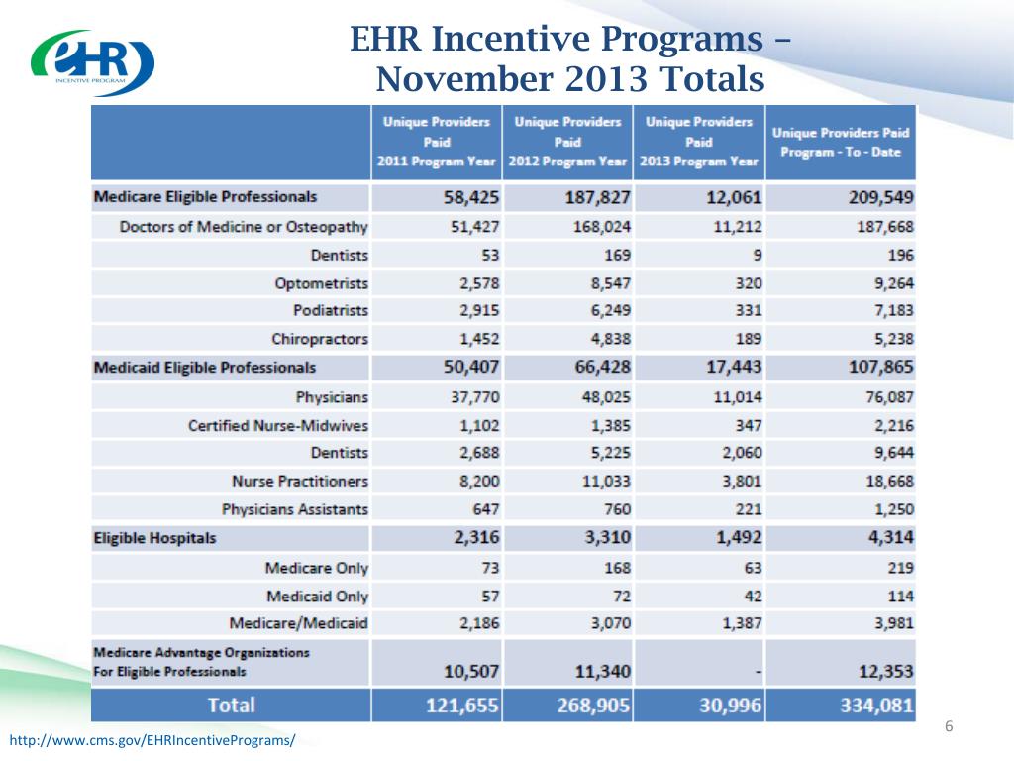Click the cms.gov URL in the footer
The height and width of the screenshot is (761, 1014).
coord(152,741)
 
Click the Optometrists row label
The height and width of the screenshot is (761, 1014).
coord(321,283)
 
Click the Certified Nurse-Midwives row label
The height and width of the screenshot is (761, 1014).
coord(278,425)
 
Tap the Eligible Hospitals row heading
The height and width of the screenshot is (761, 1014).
coord(154,539)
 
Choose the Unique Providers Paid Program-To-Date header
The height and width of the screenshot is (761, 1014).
coord(841,142)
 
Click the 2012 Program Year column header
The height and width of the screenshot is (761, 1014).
coord(568,142)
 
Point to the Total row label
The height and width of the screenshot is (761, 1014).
coord(230,706)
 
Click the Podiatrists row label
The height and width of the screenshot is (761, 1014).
coord(331,311)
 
